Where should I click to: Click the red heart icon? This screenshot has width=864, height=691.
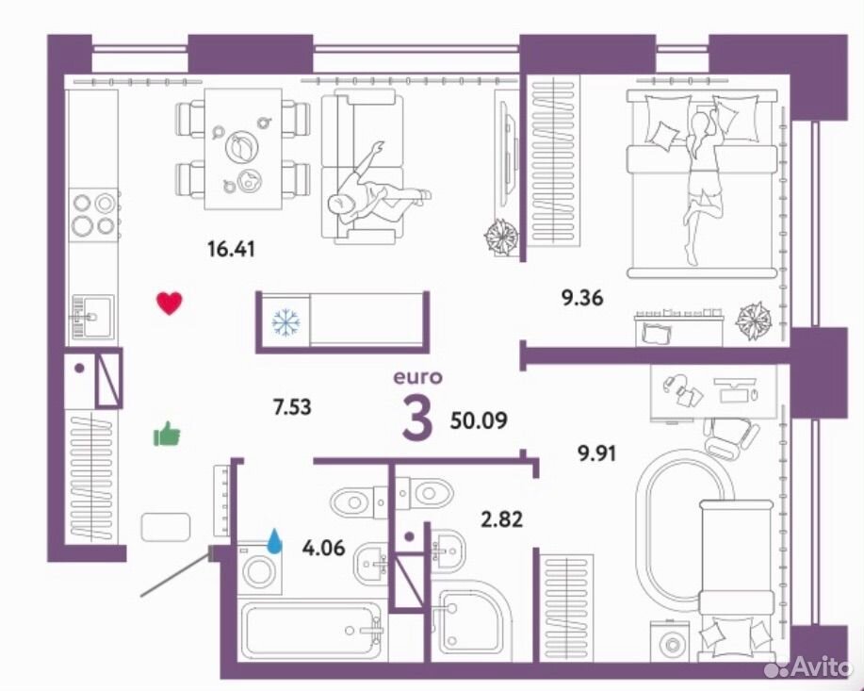[170, 304]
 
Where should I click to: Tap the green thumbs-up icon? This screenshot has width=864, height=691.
[167, 434]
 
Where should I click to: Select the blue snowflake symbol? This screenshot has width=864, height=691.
[286, 322]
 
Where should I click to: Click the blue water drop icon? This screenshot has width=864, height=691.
[274, 540]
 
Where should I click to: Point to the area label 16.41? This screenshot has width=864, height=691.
[231, 249]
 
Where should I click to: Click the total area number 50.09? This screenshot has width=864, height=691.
[479, 420]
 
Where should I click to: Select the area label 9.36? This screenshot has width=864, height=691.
[582, 298]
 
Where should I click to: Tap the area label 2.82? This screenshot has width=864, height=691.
[502, 519]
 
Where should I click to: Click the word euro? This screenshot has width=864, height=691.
[417, 377]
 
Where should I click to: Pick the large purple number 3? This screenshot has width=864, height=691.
[417, 419]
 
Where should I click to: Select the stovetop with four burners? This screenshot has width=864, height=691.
[93, 215]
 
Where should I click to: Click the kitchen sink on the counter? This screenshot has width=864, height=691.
[92, 317]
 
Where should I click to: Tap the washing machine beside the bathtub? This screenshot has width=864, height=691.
[259, 569]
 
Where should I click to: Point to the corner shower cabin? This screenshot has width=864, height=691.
[472, 620]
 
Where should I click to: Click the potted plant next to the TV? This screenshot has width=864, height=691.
[501, 237]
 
